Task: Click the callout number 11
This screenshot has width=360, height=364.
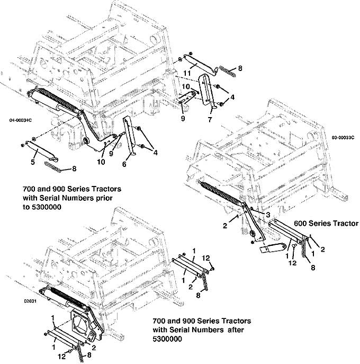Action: point(187,73)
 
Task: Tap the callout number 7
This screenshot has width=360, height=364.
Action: point(210,120)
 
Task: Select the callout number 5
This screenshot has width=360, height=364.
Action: point(33,162)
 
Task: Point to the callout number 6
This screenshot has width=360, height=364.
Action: point(124,164)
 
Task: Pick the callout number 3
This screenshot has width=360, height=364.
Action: point(268,215)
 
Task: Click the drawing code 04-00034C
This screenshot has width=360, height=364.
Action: point(21,120)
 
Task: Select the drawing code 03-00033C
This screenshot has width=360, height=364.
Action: point(343,138)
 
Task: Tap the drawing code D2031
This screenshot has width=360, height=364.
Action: point(30,301)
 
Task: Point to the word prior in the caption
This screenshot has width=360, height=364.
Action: point(104,198)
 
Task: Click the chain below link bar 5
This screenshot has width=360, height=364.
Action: point(53,167)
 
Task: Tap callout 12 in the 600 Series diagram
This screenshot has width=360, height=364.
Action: point(292,263)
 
